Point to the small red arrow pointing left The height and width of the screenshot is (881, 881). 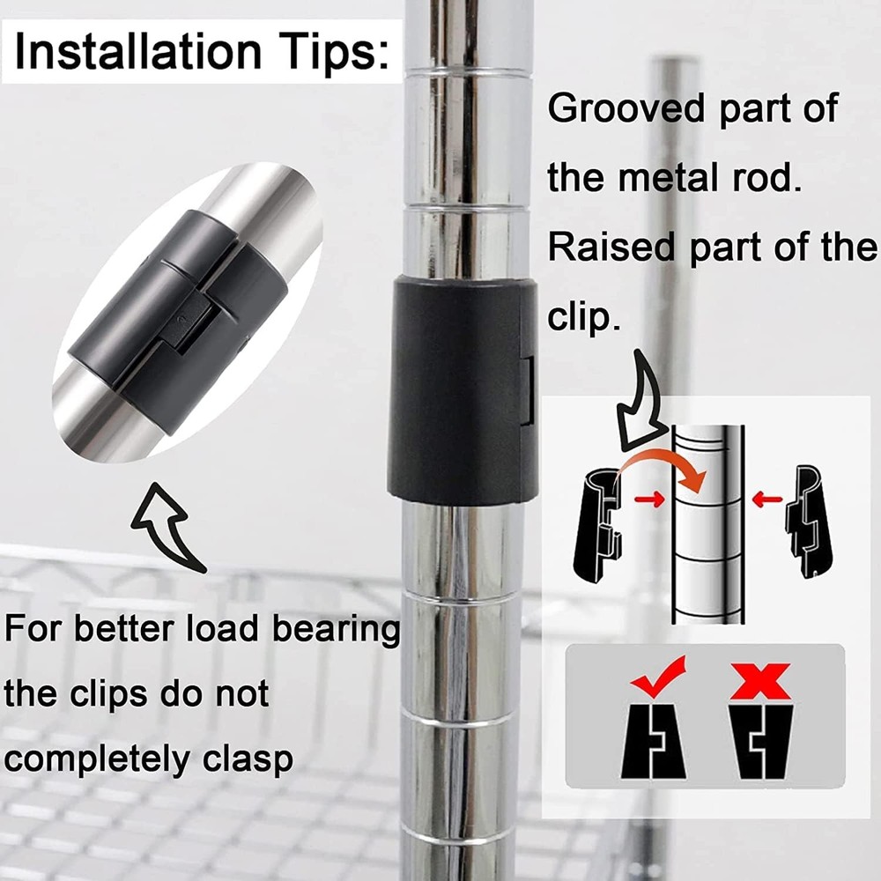click(x=767, y=499)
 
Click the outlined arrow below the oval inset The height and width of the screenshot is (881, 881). click(x=167, y=525)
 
